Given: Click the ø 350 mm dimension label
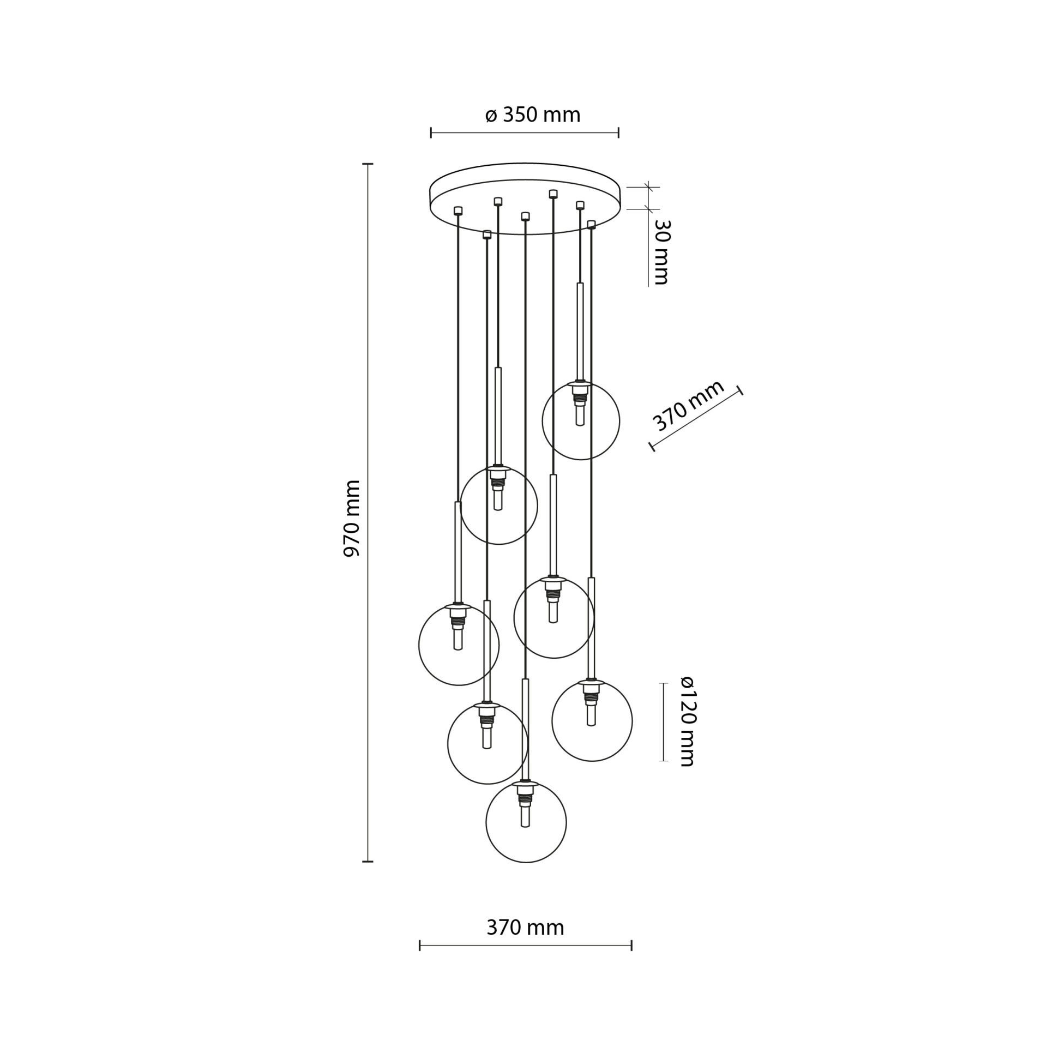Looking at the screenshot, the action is point(532,115).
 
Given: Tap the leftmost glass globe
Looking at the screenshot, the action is point(419,645).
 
